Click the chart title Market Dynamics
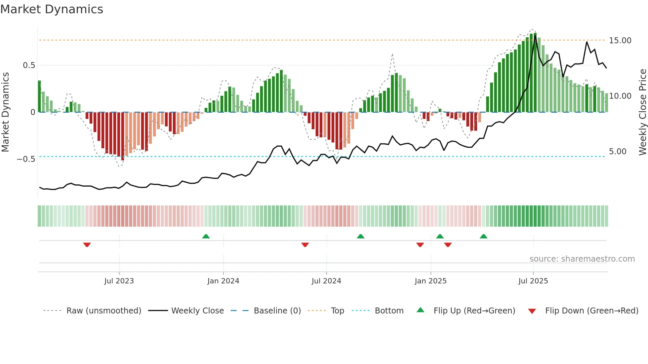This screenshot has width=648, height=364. click(x=52, y=9)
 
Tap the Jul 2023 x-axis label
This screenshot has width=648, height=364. click(x=119, y=281)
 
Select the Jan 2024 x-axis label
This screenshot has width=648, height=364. click(x=223, y=281)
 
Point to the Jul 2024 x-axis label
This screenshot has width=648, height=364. click(x=326, y=281)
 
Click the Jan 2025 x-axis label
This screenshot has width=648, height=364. click(x=430, y=281)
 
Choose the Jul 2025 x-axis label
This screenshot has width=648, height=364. click(x=533, y=281)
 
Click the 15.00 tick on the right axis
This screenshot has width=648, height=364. click(x=620, y=41)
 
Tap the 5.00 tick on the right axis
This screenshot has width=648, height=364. click(x=618, y=152)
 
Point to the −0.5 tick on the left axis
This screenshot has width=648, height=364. click(x=26, y=159)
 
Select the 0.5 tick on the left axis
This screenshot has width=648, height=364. click(x=29, y=65)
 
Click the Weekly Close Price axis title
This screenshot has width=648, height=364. click(x=642, y=112)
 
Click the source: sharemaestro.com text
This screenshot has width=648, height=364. click(x=582, y=259)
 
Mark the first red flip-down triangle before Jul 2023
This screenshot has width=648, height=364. click(x=87, y=245)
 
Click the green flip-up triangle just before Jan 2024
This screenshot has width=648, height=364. click(x=206, y=236)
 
